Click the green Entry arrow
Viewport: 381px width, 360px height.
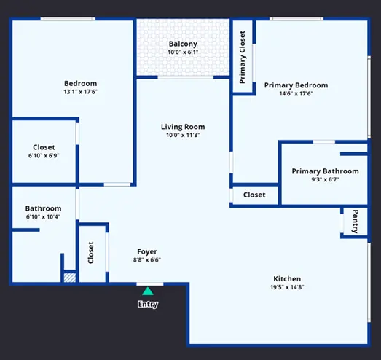(148, 291)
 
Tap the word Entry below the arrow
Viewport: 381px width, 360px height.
(148, 305)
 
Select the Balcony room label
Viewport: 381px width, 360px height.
(183, 44)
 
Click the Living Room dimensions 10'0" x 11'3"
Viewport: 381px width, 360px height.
(183, 135)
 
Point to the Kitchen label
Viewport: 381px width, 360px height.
(287, 279)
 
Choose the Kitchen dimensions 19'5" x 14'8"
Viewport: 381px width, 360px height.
(287, 287)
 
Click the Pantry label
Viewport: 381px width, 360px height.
(355, 222)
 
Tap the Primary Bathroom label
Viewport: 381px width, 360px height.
(326, 171)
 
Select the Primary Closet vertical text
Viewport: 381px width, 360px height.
(243, 57)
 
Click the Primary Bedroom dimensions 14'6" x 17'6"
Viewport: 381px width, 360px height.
(296, 93)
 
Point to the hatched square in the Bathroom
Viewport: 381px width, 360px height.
(70, 278)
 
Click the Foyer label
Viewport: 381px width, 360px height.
(147, 251)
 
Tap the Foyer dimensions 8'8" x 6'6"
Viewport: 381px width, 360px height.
(147, 260)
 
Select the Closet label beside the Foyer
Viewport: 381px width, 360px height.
(90, 253)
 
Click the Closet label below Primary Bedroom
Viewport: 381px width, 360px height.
(254, 195)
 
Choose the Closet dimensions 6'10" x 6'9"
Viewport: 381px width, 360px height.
(44, 155)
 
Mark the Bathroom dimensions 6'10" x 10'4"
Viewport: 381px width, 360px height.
(43, 216)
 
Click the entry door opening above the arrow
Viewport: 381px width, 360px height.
(150, 284)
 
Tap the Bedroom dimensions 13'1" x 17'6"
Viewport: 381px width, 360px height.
(80, 92)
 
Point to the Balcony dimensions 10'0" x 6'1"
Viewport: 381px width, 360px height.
(183, 52)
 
